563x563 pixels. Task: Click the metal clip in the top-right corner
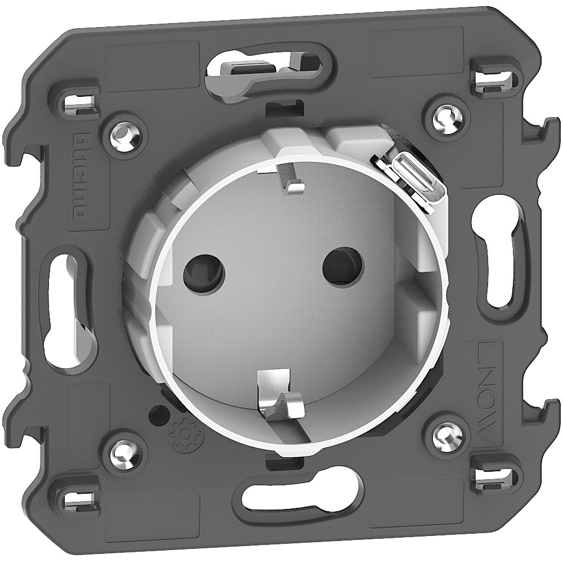(496, 78)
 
